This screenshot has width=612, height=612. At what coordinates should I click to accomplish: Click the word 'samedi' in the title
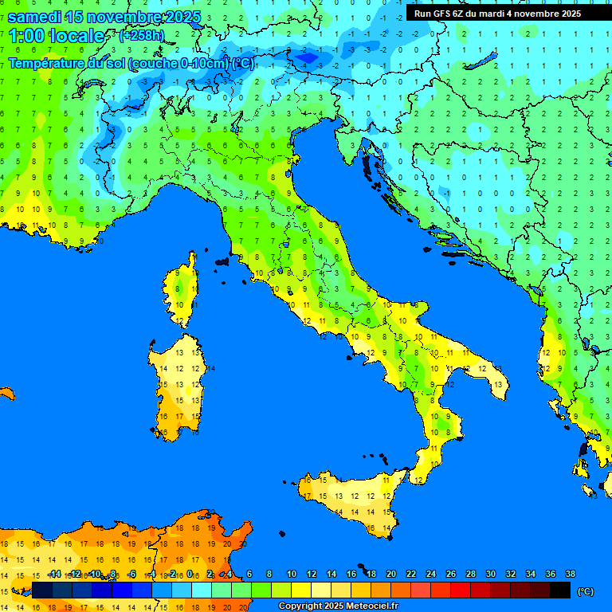34,17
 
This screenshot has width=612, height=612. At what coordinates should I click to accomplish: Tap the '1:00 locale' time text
57,37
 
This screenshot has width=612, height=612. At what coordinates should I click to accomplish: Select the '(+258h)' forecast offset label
141,36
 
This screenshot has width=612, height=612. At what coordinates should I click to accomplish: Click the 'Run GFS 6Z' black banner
497,14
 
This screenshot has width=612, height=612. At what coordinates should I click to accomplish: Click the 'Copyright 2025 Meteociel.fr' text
338,606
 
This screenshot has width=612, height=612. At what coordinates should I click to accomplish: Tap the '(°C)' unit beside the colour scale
585,591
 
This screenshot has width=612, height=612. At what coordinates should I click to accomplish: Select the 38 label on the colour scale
570,575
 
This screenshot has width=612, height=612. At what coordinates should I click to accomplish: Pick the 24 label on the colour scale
430,575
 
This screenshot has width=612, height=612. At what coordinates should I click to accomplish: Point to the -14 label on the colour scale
54,575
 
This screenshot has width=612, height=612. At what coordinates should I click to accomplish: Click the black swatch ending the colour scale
560,590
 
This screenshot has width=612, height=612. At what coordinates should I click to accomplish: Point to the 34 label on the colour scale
530,575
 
